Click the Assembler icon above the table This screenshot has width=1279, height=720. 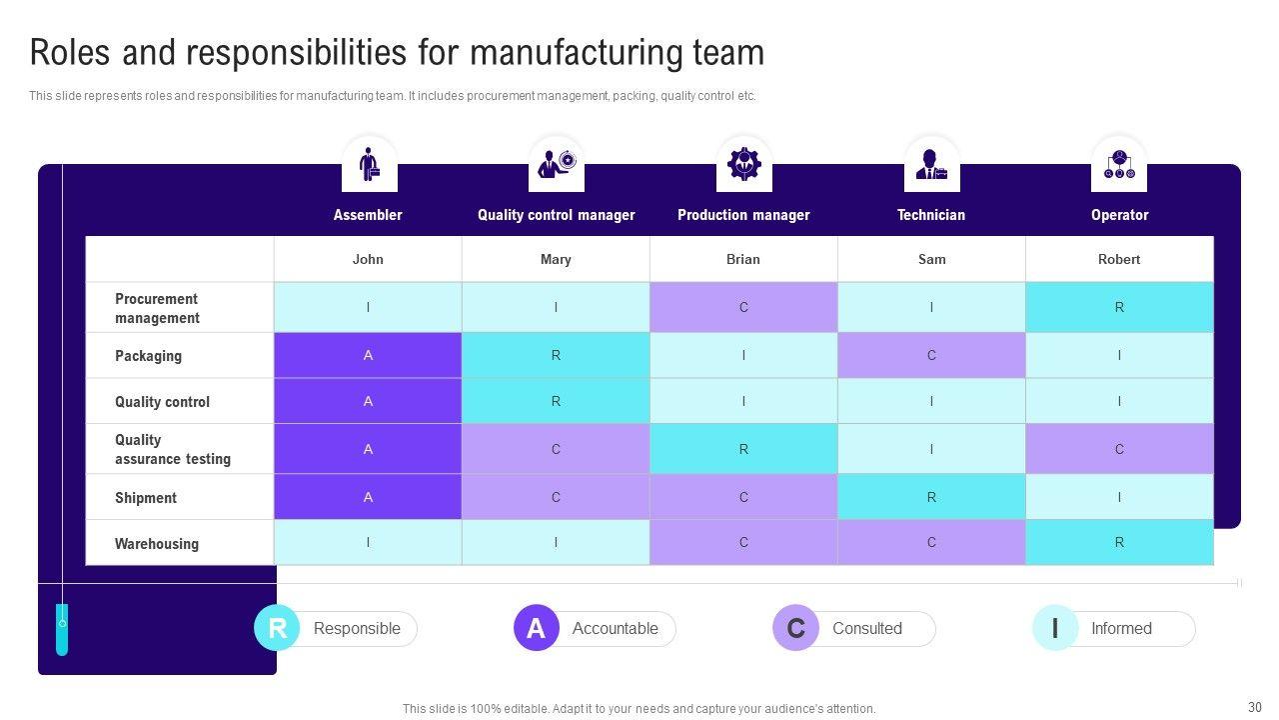click(x=369, y=164)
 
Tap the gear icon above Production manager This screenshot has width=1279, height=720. click(x=743, y=164)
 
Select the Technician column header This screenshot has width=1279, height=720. click(x=931, y=215)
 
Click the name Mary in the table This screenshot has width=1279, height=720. click(x=556, y=259)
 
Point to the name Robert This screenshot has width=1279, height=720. click(x=1119, y=259)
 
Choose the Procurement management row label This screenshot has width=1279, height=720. click(x=157, y=308)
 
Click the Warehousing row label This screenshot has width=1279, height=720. click(x=157, y=544)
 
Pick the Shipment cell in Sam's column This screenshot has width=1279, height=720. click(x=931, y=497)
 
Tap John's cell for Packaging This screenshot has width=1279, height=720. click(x=368, y=355)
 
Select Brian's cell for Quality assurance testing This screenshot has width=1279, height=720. click(x=743, y=449)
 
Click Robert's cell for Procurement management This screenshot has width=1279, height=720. click(x=1119, y=307)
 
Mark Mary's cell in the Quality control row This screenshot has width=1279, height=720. click(x=556, y=401)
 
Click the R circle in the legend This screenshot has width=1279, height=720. click(x=277, y=628)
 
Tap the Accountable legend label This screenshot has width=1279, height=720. click(x=615, y=629)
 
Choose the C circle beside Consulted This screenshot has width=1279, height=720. click(x=795, y=628)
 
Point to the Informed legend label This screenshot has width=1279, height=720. click(x=1121, y=629)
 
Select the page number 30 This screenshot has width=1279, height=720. click(x=1255, y=706)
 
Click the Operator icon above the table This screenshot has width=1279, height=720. click(x=1119, y=164)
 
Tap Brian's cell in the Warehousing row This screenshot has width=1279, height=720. click(x=743, y=542)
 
